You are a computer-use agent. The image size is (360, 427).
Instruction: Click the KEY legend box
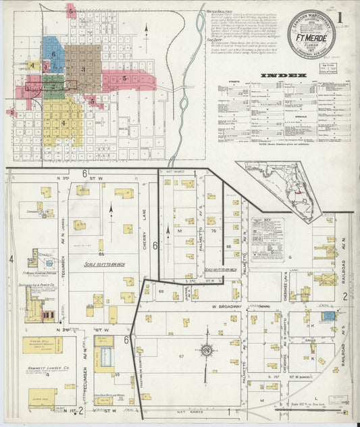point(267,239)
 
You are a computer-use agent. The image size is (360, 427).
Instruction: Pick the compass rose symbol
point(205,350)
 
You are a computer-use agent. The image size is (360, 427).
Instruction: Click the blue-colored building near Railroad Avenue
point(328,316)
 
